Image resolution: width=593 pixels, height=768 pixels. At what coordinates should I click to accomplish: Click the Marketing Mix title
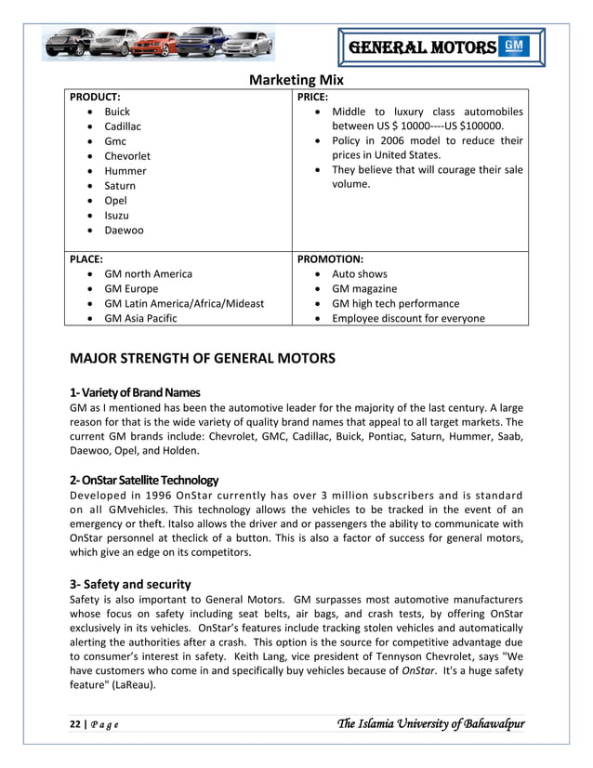pyautogui.click(x=296, y=79)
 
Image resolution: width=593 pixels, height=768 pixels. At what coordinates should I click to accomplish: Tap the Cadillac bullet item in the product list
pyautogui.click(x=123, y=126)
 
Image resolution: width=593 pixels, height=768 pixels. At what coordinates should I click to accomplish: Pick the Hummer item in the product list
pyautogui.click(x=125, y=171)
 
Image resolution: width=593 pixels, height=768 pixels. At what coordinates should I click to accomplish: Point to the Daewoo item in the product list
pyautogui.click(x=125, y=231)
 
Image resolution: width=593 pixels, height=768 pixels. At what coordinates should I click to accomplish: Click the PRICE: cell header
pyautogui.click(x=311, y=97)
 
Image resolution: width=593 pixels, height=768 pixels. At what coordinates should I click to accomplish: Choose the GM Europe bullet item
pyautogui.click(x=131, y=289)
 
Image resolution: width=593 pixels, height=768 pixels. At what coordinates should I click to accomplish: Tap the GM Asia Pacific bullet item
pyautogui.click(x=140, y=319)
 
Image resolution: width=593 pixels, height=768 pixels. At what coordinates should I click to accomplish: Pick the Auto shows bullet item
pyautogui.click(x=360, y=274)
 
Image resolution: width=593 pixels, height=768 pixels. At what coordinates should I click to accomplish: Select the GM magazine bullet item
pyautogui.click(x=365, y=289)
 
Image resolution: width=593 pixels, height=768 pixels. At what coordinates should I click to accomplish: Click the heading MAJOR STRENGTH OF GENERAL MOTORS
pyautogui.click(x=203, y=358)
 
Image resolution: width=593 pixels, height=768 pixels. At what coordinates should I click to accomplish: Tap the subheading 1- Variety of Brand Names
pyautogui.click(x=135, y=391)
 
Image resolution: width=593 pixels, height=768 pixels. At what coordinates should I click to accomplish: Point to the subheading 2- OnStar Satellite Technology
pyautogui.click(x=144, y=480)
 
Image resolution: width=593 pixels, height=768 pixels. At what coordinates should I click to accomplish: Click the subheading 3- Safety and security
pyautogui.click(x=130, y=584)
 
